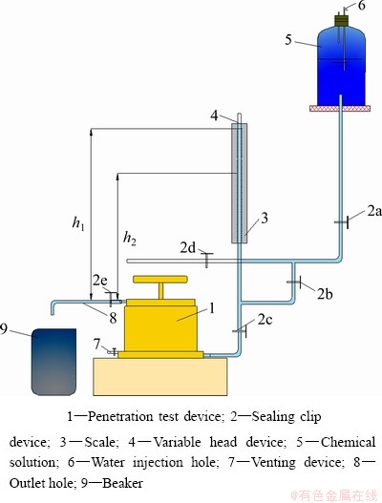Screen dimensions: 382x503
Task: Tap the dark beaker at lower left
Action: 53,362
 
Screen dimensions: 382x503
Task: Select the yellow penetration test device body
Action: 160,328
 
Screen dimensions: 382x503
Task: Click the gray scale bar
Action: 240,183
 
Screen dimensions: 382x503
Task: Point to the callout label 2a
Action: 374,211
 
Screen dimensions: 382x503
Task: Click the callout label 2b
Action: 325,294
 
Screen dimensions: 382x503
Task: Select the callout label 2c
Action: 265,320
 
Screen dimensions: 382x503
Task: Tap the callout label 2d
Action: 187,247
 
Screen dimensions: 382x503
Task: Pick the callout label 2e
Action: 100,281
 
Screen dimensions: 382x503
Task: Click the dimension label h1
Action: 78,223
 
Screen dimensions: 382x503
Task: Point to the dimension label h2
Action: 129,239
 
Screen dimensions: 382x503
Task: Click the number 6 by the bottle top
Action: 361,5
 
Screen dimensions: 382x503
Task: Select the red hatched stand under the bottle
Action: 340,109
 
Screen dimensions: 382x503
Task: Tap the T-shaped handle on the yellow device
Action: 160,286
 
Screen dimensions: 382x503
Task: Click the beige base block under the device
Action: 160,377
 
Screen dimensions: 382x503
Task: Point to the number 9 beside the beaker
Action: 4,329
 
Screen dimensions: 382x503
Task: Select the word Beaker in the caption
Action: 122,482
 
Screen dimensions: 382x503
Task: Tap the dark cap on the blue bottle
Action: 341,20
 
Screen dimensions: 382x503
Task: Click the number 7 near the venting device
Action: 97,344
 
